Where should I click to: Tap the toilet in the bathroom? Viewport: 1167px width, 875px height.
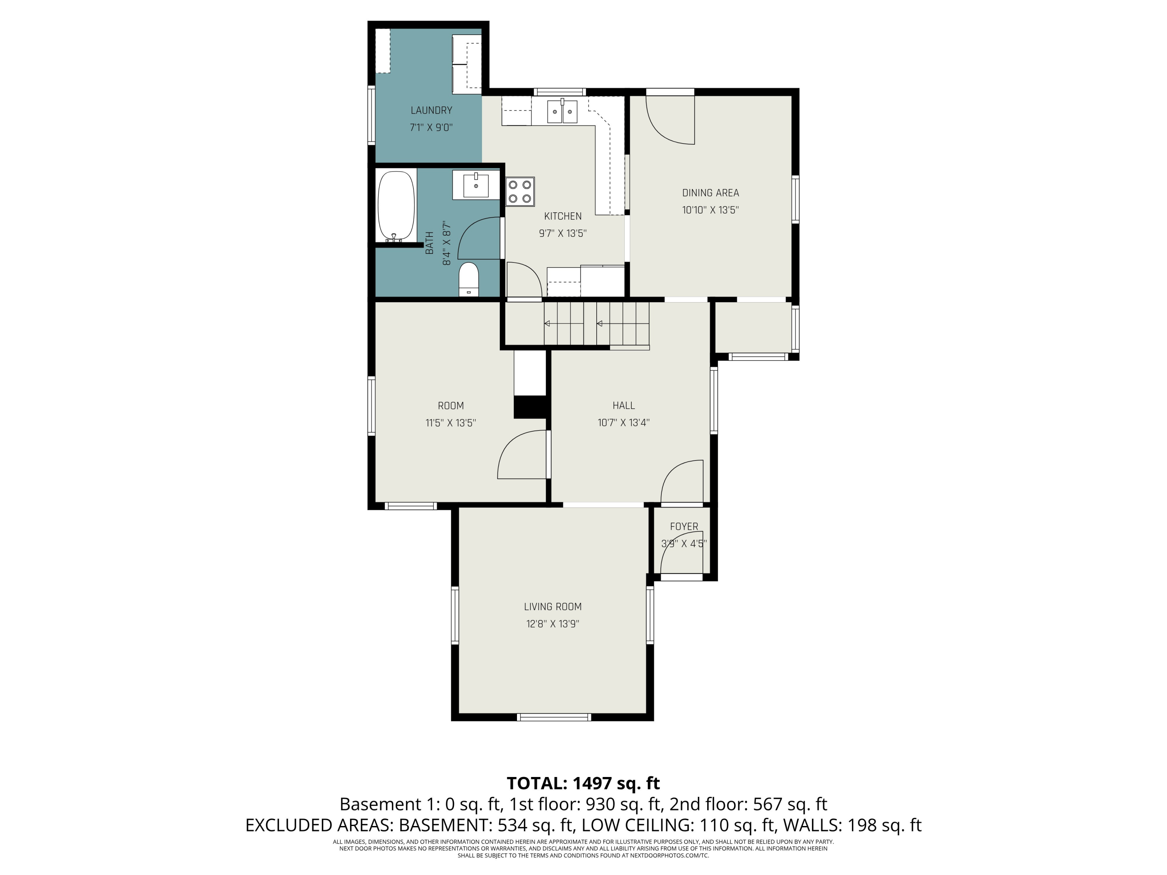pyautogui.click(x=468, y=279)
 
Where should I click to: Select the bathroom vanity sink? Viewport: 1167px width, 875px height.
pyautogui.click(x=476, y=185)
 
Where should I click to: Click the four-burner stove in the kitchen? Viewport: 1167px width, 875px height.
pyautogui.click(x=520, y=191)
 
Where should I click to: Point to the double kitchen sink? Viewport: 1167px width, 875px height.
pyautogui.click(x=562, y=111)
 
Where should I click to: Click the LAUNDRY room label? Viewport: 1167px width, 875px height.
pyautogui.click(x=431, y=110)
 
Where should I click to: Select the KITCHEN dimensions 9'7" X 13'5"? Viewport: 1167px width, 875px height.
pyautogui.click(x=562, y=233)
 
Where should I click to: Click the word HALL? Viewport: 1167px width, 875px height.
pyautogui.click(x=624, y=406)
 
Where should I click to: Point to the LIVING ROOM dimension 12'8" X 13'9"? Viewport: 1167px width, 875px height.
pyautogui.click(x=552, y=624)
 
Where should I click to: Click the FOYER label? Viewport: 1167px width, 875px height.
pyautogui.click(x=684, y=527)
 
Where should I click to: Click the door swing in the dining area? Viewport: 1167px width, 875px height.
pyautogui.click(x=670, y=120)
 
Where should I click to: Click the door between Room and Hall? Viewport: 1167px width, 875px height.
pyautogui.click(x=521, y=455)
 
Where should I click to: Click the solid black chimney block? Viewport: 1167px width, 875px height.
pyautogui.click(x=530, y=407)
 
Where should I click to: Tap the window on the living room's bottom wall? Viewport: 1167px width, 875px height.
pyautogui.click(x=554, y=717)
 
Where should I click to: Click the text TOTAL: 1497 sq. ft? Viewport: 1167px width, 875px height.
pyautogui.click(x=583, y=783)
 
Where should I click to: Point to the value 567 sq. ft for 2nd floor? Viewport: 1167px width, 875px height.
pyautogui.click(x=790, y=804)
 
